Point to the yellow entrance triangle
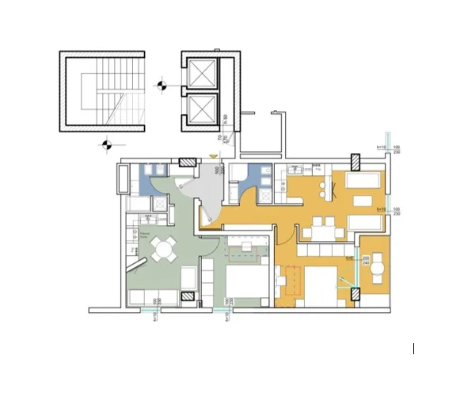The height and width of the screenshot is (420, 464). [212, 158]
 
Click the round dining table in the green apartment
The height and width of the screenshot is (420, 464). [164, 250]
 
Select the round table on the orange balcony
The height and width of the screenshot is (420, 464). [378, 266]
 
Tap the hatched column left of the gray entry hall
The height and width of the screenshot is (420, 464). [188, 163]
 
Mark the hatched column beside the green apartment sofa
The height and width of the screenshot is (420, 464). [188, 296]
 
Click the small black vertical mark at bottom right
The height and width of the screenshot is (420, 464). [413, 349]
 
